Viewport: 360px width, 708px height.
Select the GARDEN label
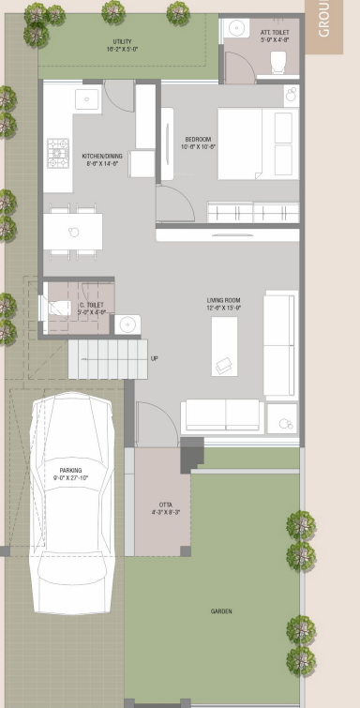click(221, 611)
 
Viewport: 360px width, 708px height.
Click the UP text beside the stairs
click(154, 358)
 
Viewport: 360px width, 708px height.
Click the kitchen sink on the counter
click(89, 98)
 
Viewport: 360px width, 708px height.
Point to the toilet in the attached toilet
click(277, 62)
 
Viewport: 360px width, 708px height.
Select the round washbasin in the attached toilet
click(234, 28)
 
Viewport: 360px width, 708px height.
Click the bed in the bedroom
click(258, 143)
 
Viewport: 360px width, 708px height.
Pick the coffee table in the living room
click(224, 345)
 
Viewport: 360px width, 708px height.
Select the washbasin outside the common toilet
click(127, 324)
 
